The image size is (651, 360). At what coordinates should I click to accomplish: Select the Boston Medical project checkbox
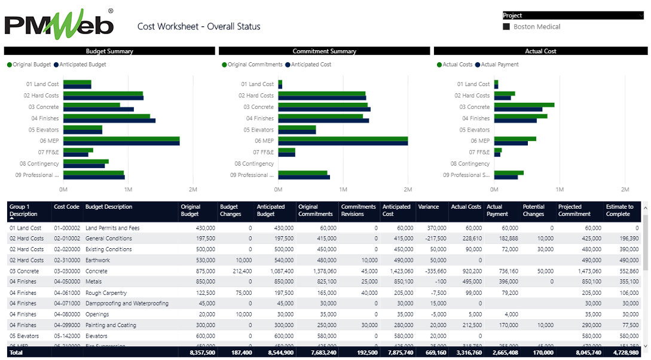click(x=506, y=27)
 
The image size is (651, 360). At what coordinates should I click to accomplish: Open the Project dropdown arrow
click(x=640, y=16)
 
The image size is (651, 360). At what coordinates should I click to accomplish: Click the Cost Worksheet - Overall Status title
click(x=198, y=26)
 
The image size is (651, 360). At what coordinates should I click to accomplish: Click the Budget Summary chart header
click(x=109, y=51)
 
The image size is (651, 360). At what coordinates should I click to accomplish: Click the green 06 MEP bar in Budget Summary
click(x=121, y=139)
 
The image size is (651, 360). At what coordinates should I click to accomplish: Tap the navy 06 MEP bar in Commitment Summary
click(x=343, y=144)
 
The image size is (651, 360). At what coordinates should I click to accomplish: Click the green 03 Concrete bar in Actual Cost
click(x=524, y=105)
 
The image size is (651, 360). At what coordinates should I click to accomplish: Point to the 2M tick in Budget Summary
click(x=192, y=190)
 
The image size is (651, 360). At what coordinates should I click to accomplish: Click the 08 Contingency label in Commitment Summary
click(x=254, y=164)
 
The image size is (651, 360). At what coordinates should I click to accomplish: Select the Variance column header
click(x=428, y=207)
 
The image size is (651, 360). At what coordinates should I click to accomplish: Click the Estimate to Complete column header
click(x=619, y=210)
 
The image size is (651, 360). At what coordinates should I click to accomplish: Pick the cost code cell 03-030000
click(x=66, y=271)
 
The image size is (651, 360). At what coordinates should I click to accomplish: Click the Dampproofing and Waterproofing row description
click(x=127, y=303)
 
